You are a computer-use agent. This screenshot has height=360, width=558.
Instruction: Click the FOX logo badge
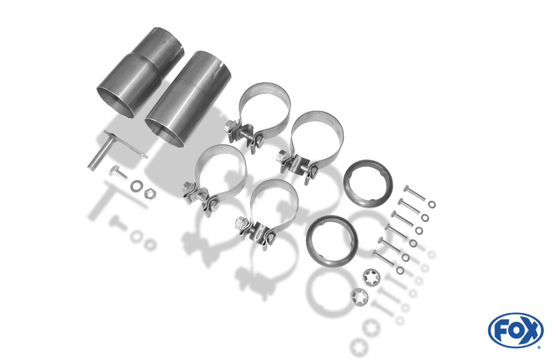(516, 330)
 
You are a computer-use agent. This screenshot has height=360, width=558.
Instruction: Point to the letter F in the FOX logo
(501, 331)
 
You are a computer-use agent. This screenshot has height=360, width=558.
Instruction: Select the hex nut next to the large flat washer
(150, 193)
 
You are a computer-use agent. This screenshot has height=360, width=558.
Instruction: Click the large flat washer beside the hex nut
(137, 185)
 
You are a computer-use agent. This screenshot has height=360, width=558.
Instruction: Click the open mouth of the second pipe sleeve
(165, 132)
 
